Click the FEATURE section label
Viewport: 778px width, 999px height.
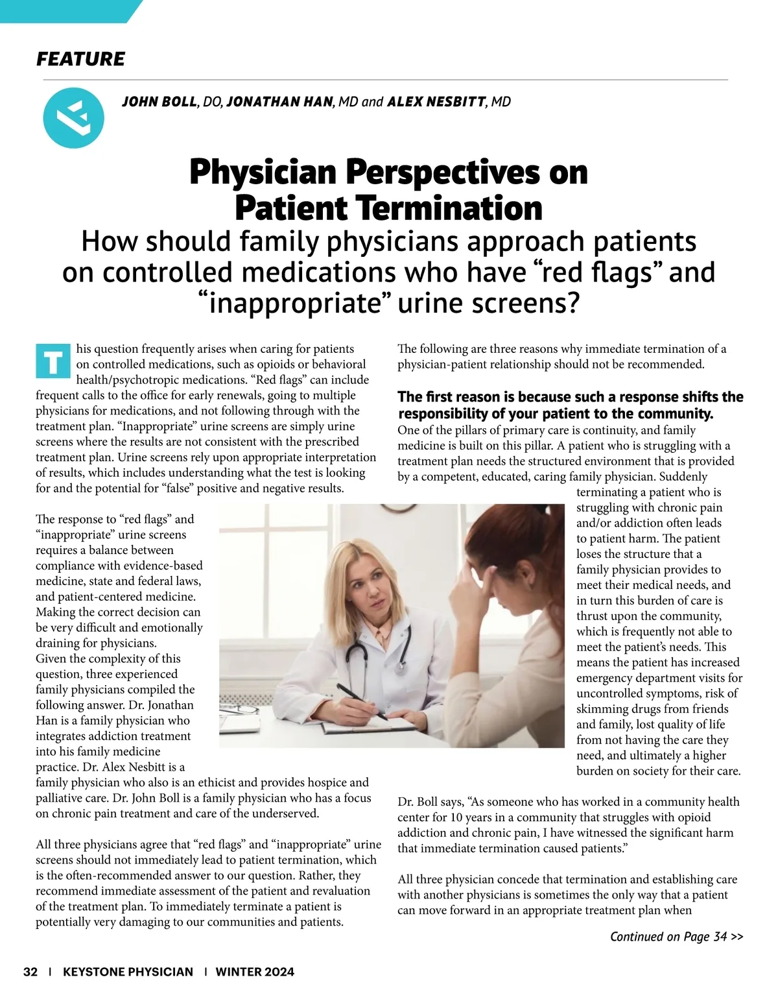pos(80,59)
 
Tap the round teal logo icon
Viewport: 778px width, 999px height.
pos(73,117)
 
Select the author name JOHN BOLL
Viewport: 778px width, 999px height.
pos(159,102)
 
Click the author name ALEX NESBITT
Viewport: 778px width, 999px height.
pos(436,102)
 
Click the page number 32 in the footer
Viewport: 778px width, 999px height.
pos(30,971)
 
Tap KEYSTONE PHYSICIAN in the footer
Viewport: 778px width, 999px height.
pos(128,971)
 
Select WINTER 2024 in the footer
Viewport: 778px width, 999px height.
pos(255,971)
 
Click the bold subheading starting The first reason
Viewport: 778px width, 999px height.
pos(571,405)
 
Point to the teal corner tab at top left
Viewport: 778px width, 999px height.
pos(65,10)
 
